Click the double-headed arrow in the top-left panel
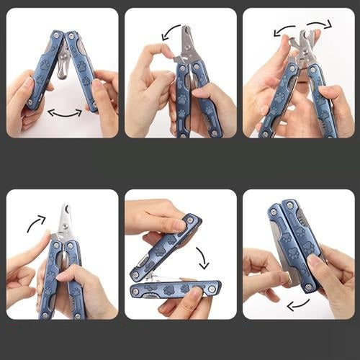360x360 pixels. (65, 113)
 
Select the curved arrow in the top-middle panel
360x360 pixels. (171, 31)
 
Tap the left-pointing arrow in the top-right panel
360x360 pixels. (284, 30)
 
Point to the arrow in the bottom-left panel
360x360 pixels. (36, 223)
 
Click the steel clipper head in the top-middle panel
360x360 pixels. (189, 44)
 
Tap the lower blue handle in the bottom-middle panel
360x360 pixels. (176, 289)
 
